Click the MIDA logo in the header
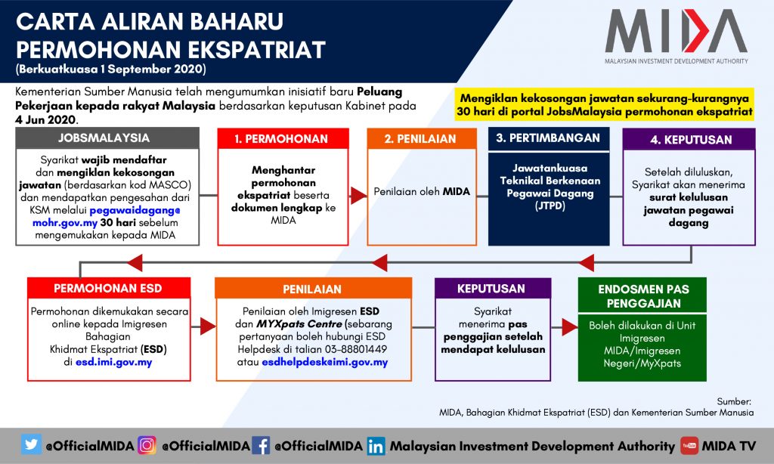pyautogui.click(x=676, y=36)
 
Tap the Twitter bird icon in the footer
pyautogui.click(x=31, y=444)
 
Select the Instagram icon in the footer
pyautogui.click(x=147, y=445)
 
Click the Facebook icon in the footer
pyautogui.click(x=261, y=445)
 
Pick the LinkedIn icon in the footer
pyautogui.click(x=376, y=446)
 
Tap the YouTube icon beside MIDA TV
pyautogui.click(x=689, y=445)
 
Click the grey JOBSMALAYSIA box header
pyautogui.click(x=107, y=138)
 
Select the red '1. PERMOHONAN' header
pyautogui.click(x=283, y=139)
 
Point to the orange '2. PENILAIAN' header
pyautogui.click(x=422, y=139)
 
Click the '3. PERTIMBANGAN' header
pyautogui.click(x=549, y=138)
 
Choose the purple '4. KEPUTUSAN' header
pyautogui.click(x=689, y=139)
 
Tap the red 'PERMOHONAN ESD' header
pyautogui.click(x=109, y=288)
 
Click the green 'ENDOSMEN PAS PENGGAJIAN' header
pyautogui.click(x=642, y=295)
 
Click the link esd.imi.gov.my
pyautogui.click(x=113, y=362)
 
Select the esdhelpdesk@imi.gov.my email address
pyautogui.click(x=325, y=362)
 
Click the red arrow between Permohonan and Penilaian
pyautogui.click(x=358, y=196)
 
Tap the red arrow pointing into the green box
pyautogui.click(x=570, y=326)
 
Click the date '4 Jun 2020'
pyautogui.click(x=45, y=119)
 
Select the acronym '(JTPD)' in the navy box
pyautogui.click(x=550, y=206)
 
